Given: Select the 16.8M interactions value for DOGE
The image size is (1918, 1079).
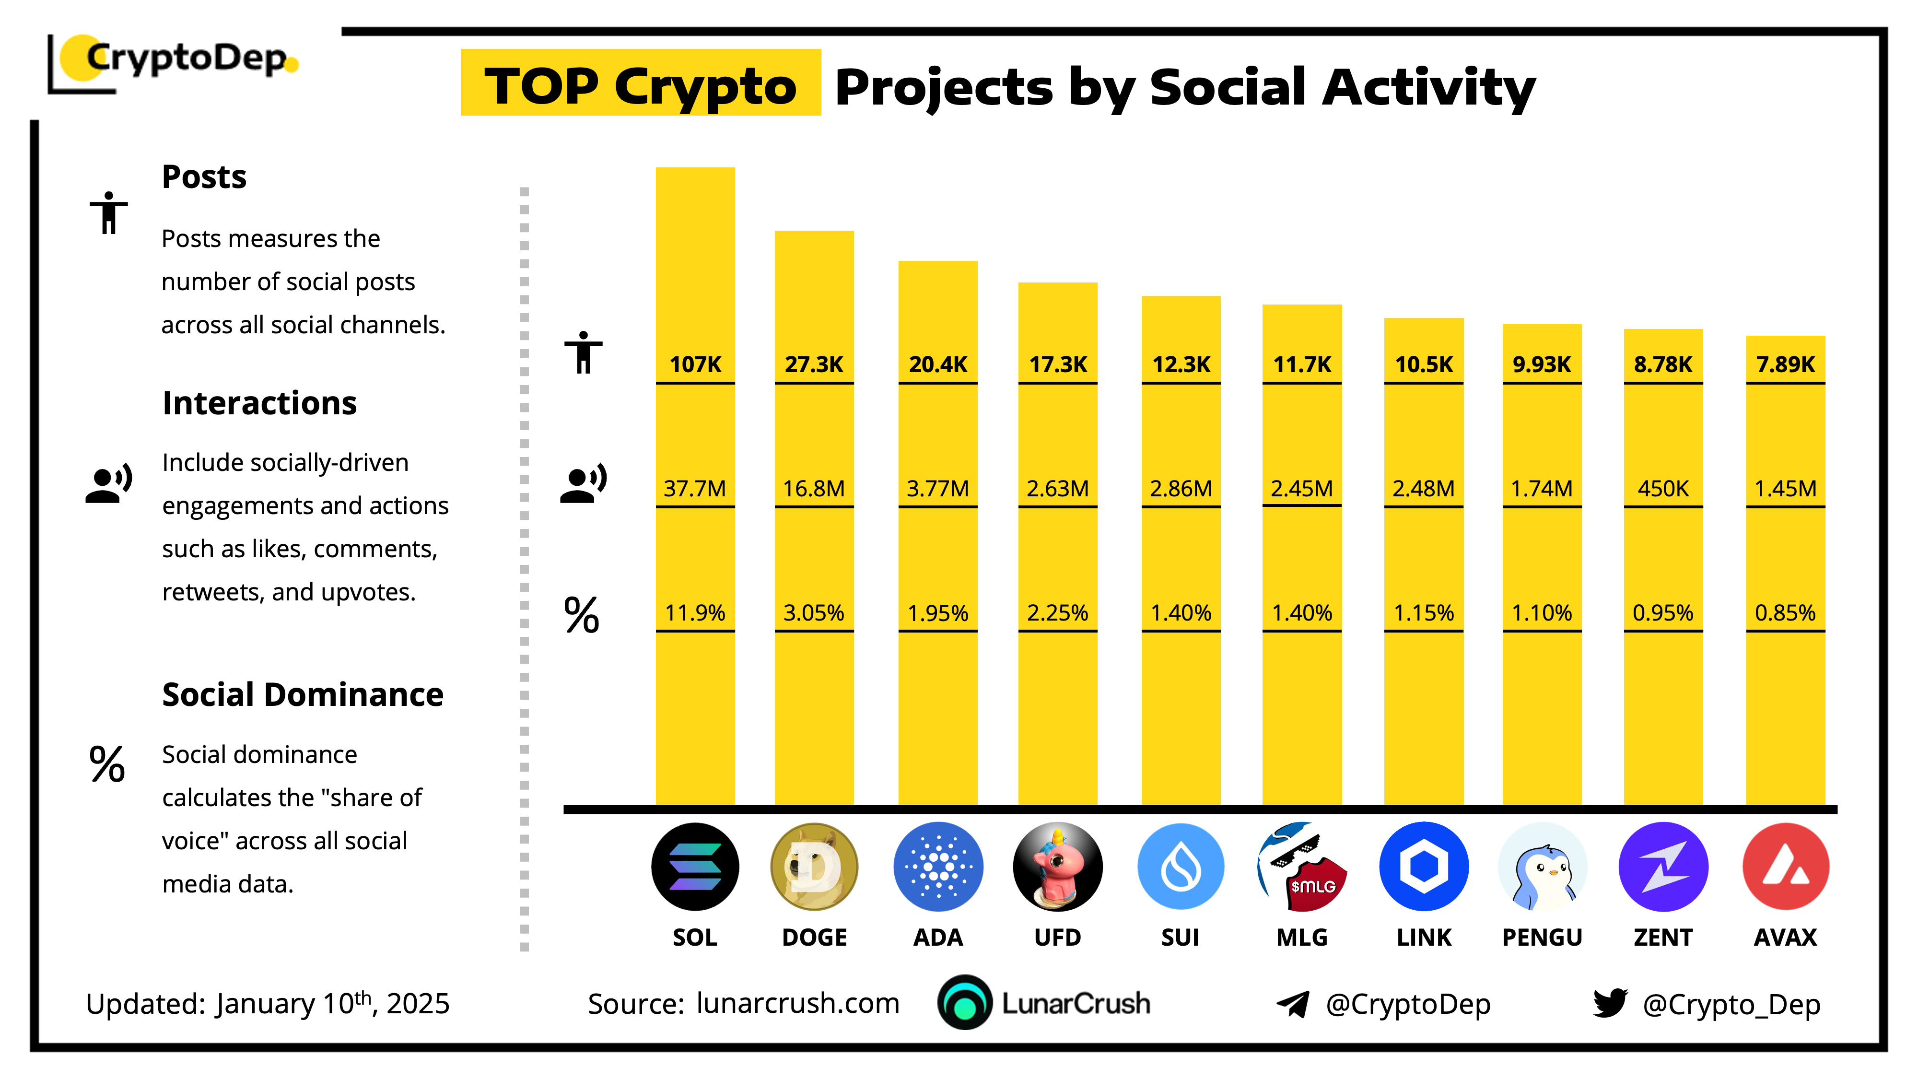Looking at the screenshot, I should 813,489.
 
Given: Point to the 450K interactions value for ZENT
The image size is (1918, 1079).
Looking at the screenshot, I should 1662,489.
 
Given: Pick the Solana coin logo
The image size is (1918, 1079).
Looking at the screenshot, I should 695,866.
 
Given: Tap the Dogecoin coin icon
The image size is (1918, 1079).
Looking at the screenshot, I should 814,866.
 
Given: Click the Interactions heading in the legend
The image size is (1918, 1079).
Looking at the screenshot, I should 259,403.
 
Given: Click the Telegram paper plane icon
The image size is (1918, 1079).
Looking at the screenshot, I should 1293,1004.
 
